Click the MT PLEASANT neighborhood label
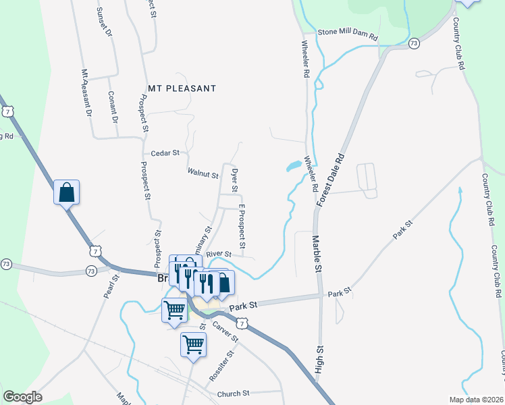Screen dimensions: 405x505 click(x=182, y=88)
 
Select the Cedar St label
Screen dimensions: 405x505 click(x=165, y=153)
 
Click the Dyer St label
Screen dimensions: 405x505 click(x=235, y=179)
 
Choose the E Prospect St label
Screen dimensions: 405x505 click(x=241, y=225)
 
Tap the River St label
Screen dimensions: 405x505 click(x=219, y=254)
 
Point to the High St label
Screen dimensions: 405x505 click(x=319, y=358)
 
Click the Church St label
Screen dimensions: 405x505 click(x=233, y=394)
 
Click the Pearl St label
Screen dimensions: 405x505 click(x=111, y=286)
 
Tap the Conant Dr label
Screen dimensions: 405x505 click(x=113, y=107)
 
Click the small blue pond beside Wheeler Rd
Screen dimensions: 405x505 click(x=294, y=165)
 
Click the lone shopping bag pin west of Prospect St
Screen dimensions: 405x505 click(x=67, y=193)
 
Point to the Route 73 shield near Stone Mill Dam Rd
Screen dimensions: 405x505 click(x=414, y=43)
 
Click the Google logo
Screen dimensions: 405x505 click(x=22, y=397)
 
